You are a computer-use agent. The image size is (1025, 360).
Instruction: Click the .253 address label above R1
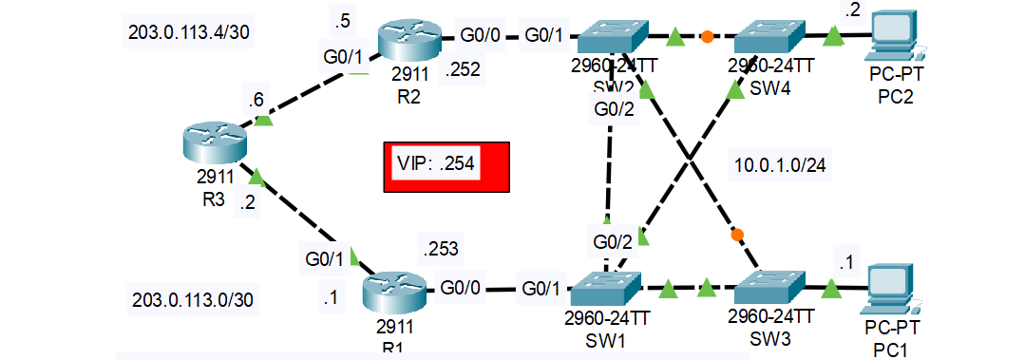click(x=440, y=250)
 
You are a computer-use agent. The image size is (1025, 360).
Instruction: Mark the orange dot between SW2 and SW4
click(x=707, y=39)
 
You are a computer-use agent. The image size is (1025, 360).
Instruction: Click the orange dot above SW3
click(x=736, y=234)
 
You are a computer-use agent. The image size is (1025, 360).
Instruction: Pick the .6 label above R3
click(x=255, y=98)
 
